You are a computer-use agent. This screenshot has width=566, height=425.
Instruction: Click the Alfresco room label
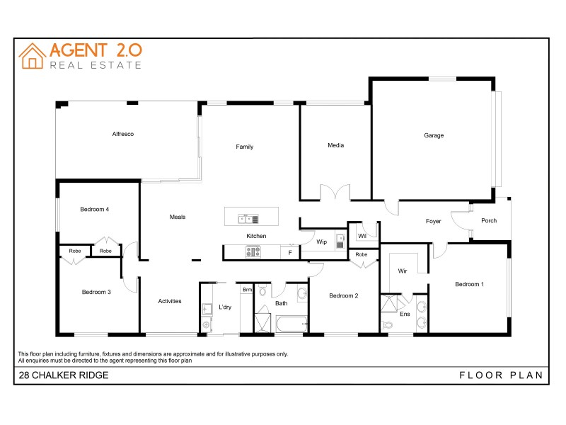(x=122, y=134)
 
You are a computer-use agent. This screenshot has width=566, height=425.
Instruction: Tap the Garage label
(x=434, y=135)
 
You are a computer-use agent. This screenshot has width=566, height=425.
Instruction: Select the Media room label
(x=335, y=145)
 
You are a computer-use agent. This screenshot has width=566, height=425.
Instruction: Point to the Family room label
(x=245, y=147)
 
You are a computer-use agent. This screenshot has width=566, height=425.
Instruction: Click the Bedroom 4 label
(x=94, y=209)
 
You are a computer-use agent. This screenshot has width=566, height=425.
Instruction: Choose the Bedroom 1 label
(x=469, y=284)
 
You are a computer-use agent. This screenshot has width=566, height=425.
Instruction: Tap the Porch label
(x=489, y=220)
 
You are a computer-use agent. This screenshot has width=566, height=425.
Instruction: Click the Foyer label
(x=433, y=221)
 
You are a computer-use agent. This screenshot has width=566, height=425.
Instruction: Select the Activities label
(x=170, y=301)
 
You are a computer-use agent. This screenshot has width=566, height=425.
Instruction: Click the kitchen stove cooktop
(x=253, y=251)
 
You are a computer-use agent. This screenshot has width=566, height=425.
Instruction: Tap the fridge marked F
(x=289, y=252)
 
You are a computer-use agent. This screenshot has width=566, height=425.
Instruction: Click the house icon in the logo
(x=32, y=56)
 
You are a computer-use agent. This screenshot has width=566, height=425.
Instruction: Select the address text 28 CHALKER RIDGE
(x=64, y=375)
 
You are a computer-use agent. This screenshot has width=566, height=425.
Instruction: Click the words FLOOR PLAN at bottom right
(x=501, y=375)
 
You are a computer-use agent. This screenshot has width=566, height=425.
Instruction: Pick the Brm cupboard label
(x=247, y=290)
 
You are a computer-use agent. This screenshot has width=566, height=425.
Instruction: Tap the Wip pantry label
(x=321, y=242)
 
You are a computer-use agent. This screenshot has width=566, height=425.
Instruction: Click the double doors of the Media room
(x=335, y=193)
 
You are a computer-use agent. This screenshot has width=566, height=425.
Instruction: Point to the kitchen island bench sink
(x=243, y=219)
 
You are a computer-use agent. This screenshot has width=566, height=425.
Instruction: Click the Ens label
(x=405, y=313)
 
